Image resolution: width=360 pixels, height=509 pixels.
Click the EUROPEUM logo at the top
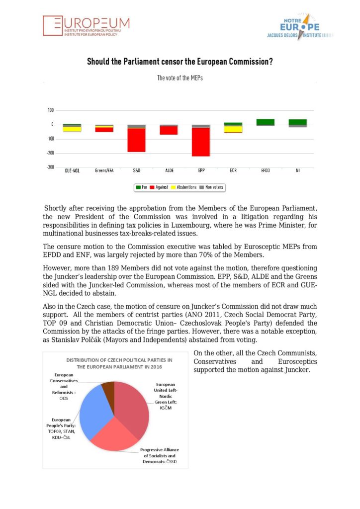click(x=86, y=25)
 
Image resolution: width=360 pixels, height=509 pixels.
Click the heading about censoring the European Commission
click(x=180, y=62)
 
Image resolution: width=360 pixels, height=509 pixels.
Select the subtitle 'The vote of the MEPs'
click(x=180, y=78)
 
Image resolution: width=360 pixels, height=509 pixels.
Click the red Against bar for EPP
click(x=201, y=142)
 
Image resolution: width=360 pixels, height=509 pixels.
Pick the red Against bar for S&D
click(x=137, y=140)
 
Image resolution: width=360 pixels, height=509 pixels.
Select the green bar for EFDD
click(x=266, y=122)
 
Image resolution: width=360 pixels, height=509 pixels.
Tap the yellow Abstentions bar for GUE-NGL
click(x=72, y=129)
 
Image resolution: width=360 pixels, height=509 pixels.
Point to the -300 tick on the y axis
click(x=51, y=167)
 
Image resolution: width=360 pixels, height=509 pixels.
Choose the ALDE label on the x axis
click(x=169, y=171)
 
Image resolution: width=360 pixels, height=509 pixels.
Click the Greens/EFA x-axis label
click(x=104, y=171)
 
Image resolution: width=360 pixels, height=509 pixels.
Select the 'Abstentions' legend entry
click(x=183, y=187)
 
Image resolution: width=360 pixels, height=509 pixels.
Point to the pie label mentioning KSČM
click(x=165, y=395)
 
